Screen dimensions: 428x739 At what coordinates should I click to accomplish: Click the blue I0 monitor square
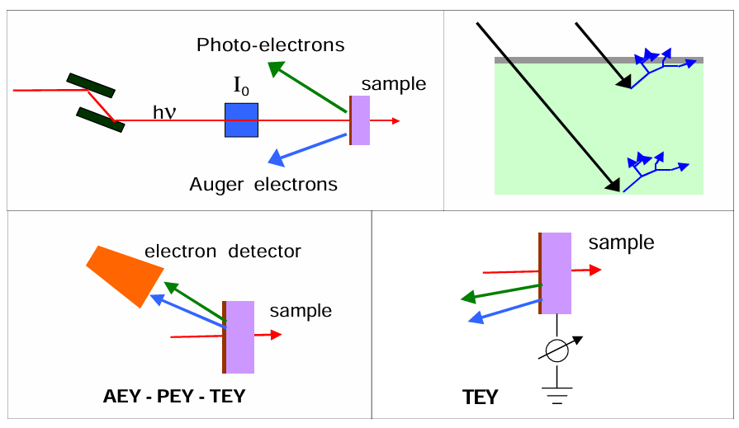(x=241, y=120)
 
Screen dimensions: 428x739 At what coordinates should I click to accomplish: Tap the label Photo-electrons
(x=270, y=45)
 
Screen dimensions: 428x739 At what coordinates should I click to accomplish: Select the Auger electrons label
(x=263, y=185)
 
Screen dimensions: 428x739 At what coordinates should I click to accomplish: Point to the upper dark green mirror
(x=91, y=84)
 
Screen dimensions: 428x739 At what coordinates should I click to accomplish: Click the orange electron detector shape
(x=121, y=272)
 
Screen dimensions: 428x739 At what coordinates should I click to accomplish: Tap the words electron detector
(x=223, y=251)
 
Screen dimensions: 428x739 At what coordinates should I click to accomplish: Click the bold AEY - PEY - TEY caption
(x=175, y=396)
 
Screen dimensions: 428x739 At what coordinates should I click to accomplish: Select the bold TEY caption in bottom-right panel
(x=480, y=397)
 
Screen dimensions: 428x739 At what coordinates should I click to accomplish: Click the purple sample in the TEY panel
(x=556, y=273)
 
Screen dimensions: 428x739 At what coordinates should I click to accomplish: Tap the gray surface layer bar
(x=599, y=60)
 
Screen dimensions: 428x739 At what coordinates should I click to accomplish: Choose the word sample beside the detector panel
(x=301, y=311)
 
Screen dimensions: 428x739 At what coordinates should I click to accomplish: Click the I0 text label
(x=241, y=85)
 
